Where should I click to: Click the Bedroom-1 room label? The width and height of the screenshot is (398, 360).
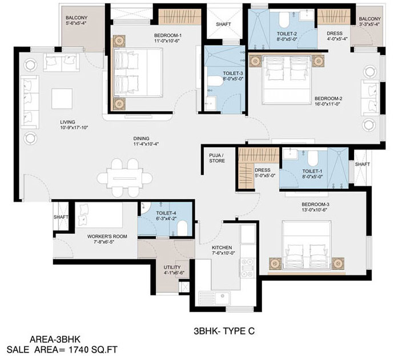point(168,35)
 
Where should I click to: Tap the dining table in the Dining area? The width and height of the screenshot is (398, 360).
point(124,178)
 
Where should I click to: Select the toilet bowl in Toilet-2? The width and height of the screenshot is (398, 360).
point(284,20)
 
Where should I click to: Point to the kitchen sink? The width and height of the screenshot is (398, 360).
point(215,298)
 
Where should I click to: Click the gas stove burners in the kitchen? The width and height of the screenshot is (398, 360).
point(247,268)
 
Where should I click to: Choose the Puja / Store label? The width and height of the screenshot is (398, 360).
point(217,158)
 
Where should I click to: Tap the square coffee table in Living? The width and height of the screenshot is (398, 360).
point(62,99)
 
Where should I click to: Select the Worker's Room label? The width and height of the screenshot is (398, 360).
point(107,236)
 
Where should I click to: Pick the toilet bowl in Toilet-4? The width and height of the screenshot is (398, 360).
point(182,228)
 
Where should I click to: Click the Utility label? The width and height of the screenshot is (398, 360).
point(172,267)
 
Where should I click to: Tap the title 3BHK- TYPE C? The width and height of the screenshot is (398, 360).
point(224,331)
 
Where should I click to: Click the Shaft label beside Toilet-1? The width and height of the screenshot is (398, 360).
point(362,164)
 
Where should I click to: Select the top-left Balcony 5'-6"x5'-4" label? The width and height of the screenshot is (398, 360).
point(77,21)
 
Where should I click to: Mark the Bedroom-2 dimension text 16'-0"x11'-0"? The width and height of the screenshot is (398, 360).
point(327,104)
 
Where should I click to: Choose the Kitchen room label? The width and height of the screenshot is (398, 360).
point(222,248)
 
